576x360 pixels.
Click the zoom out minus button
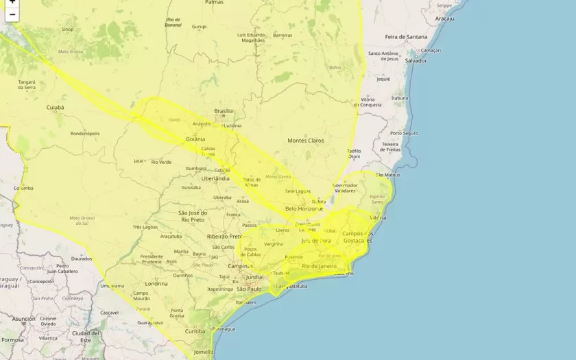tap(12, 14)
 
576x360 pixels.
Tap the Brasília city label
tap(224, 111)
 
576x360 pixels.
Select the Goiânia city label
tap(195, 139)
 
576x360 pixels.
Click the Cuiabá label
tap(55, 108)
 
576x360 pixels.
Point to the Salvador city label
tap(416, 60)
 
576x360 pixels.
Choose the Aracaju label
tap(444, 19)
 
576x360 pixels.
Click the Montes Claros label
tap(305, 141)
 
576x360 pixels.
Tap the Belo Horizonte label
tap(304, 208)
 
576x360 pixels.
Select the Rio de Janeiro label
tap(320, 265)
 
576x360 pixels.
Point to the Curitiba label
tap(195, 331)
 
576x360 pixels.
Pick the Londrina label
tap(156, 283)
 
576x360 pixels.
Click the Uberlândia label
tap(215, 178)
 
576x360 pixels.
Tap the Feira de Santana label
tap(405, 36)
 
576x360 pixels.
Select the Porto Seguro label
tap(404, 133)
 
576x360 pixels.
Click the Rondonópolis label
tap(85, 134)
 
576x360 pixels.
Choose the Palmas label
tap(214, 3)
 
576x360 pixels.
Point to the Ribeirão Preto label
tap(224, 236)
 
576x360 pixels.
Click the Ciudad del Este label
tap(86, 336)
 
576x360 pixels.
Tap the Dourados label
tap(81, 259)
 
